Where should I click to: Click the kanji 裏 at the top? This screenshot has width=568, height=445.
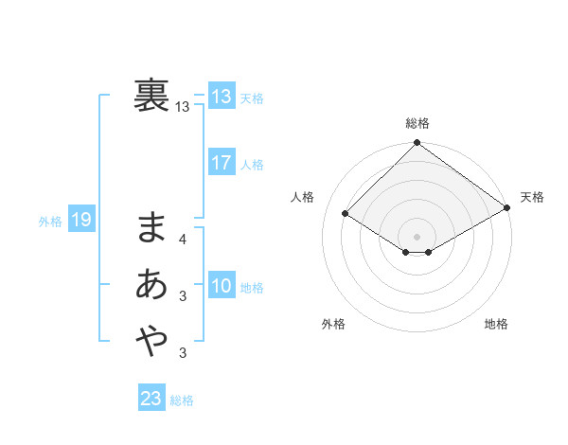(151, 96)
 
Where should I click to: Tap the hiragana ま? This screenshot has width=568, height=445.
(151, 228)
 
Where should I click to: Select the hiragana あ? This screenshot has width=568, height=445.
(151, 284)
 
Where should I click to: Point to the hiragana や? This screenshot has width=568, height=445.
(151, 339)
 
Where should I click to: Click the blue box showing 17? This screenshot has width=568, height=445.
(222, 163)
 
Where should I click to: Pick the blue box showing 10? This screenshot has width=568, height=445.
(222, 286)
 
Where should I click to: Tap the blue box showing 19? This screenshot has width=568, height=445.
(80, 221)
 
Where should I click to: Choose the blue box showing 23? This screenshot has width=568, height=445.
(151, 399)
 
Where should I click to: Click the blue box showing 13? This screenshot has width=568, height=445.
(222, 97)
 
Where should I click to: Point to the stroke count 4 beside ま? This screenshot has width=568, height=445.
(183, 240)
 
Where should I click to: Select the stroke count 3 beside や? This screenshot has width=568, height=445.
(183, 353)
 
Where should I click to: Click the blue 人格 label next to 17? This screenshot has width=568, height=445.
(252, 165)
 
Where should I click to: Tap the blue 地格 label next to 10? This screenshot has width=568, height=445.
(252, 288)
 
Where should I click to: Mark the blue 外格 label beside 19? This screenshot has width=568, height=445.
(50, 222)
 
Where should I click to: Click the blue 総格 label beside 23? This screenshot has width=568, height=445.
(182, 400)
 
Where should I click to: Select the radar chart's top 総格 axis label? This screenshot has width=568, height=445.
(417, 123)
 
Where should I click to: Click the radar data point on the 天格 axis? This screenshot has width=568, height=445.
(507, 208)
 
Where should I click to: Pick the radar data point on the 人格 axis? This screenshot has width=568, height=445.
(346, 214)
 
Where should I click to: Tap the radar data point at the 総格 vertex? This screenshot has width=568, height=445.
(417, 144)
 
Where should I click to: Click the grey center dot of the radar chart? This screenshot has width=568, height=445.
(417, 236)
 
